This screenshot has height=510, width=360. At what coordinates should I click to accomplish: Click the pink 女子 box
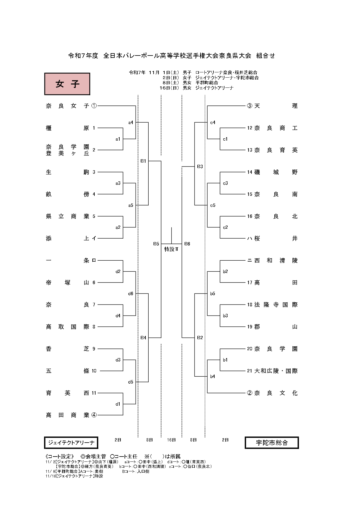[x=67, y=84]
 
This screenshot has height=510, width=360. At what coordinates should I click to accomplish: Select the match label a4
[x=131, y=123]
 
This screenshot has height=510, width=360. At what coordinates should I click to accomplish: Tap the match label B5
[x=156, y=244]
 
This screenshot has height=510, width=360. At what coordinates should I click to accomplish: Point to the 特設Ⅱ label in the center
[x=171, y=249]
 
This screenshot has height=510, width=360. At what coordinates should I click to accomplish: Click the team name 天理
[x=276, y=106]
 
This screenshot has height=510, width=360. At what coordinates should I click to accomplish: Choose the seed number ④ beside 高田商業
[x=94, y=415]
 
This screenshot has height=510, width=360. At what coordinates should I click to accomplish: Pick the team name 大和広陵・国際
[x=276, y=371]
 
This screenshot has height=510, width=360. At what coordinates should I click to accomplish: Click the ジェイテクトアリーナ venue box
[x=71, y=443]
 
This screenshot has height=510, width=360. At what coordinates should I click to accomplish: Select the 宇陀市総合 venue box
[x=272, y=443]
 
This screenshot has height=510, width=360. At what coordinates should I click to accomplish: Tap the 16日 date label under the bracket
[x=171, y=440]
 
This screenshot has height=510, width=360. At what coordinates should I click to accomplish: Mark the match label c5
[x=213, y=205]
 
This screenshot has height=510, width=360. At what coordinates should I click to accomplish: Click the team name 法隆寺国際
[x=276, y=305]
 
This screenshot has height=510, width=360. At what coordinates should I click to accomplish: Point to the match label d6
[x=131, y=294]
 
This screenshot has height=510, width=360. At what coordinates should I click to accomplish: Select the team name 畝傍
[x=67, y=194]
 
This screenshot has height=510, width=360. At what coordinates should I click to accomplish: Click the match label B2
[x=200, y=338]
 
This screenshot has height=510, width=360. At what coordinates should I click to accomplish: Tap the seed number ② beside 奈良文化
[x=249, y=393]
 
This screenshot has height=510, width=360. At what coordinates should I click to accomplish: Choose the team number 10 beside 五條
[x=94, y=371]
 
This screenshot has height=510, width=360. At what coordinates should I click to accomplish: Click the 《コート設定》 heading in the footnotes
[x=60, y=457]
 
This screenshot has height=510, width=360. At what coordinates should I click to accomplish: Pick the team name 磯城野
[x=276, y=172]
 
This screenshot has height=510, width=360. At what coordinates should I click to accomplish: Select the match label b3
[x=225, y=316]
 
